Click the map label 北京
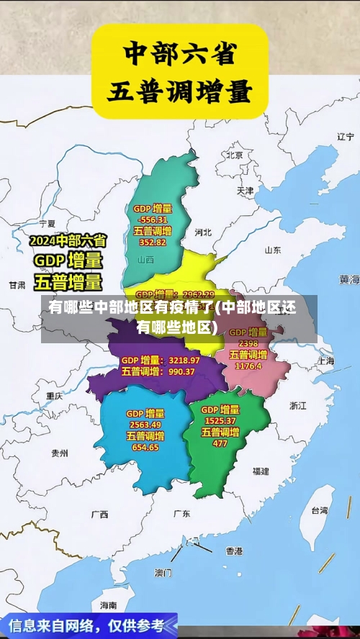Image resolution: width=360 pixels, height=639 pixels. tap(234, 155)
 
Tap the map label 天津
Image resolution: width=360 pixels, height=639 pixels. tap(245, 191)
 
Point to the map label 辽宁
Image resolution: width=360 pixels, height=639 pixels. tap(346, 136)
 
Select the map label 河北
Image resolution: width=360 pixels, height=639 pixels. tap(203, 232)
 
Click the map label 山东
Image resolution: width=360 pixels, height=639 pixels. tap(272, 250)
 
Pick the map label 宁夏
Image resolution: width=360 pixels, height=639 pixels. tap(48, 224)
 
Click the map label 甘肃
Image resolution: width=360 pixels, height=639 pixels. tap(17, 285)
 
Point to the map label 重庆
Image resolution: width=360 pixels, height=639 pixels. tap(55, 396)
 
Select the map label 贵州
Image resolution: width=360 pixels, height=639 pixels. tap(59, 453)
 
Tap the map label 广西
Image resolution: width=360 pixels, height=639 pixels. tap(99, 515)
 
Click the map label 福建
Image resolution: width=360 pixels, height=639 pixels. tap(261, 471)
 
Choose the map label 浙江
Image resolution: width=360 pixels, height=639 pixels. tap(297, 405)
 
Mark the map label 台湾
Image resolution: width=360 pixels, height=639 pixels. tap(319, 510)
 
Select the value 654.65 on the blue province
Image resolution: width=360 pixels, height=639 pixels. tap(145, 447)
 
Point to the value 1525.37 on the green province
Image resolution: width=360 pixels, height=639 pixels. tap(220, 420)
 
